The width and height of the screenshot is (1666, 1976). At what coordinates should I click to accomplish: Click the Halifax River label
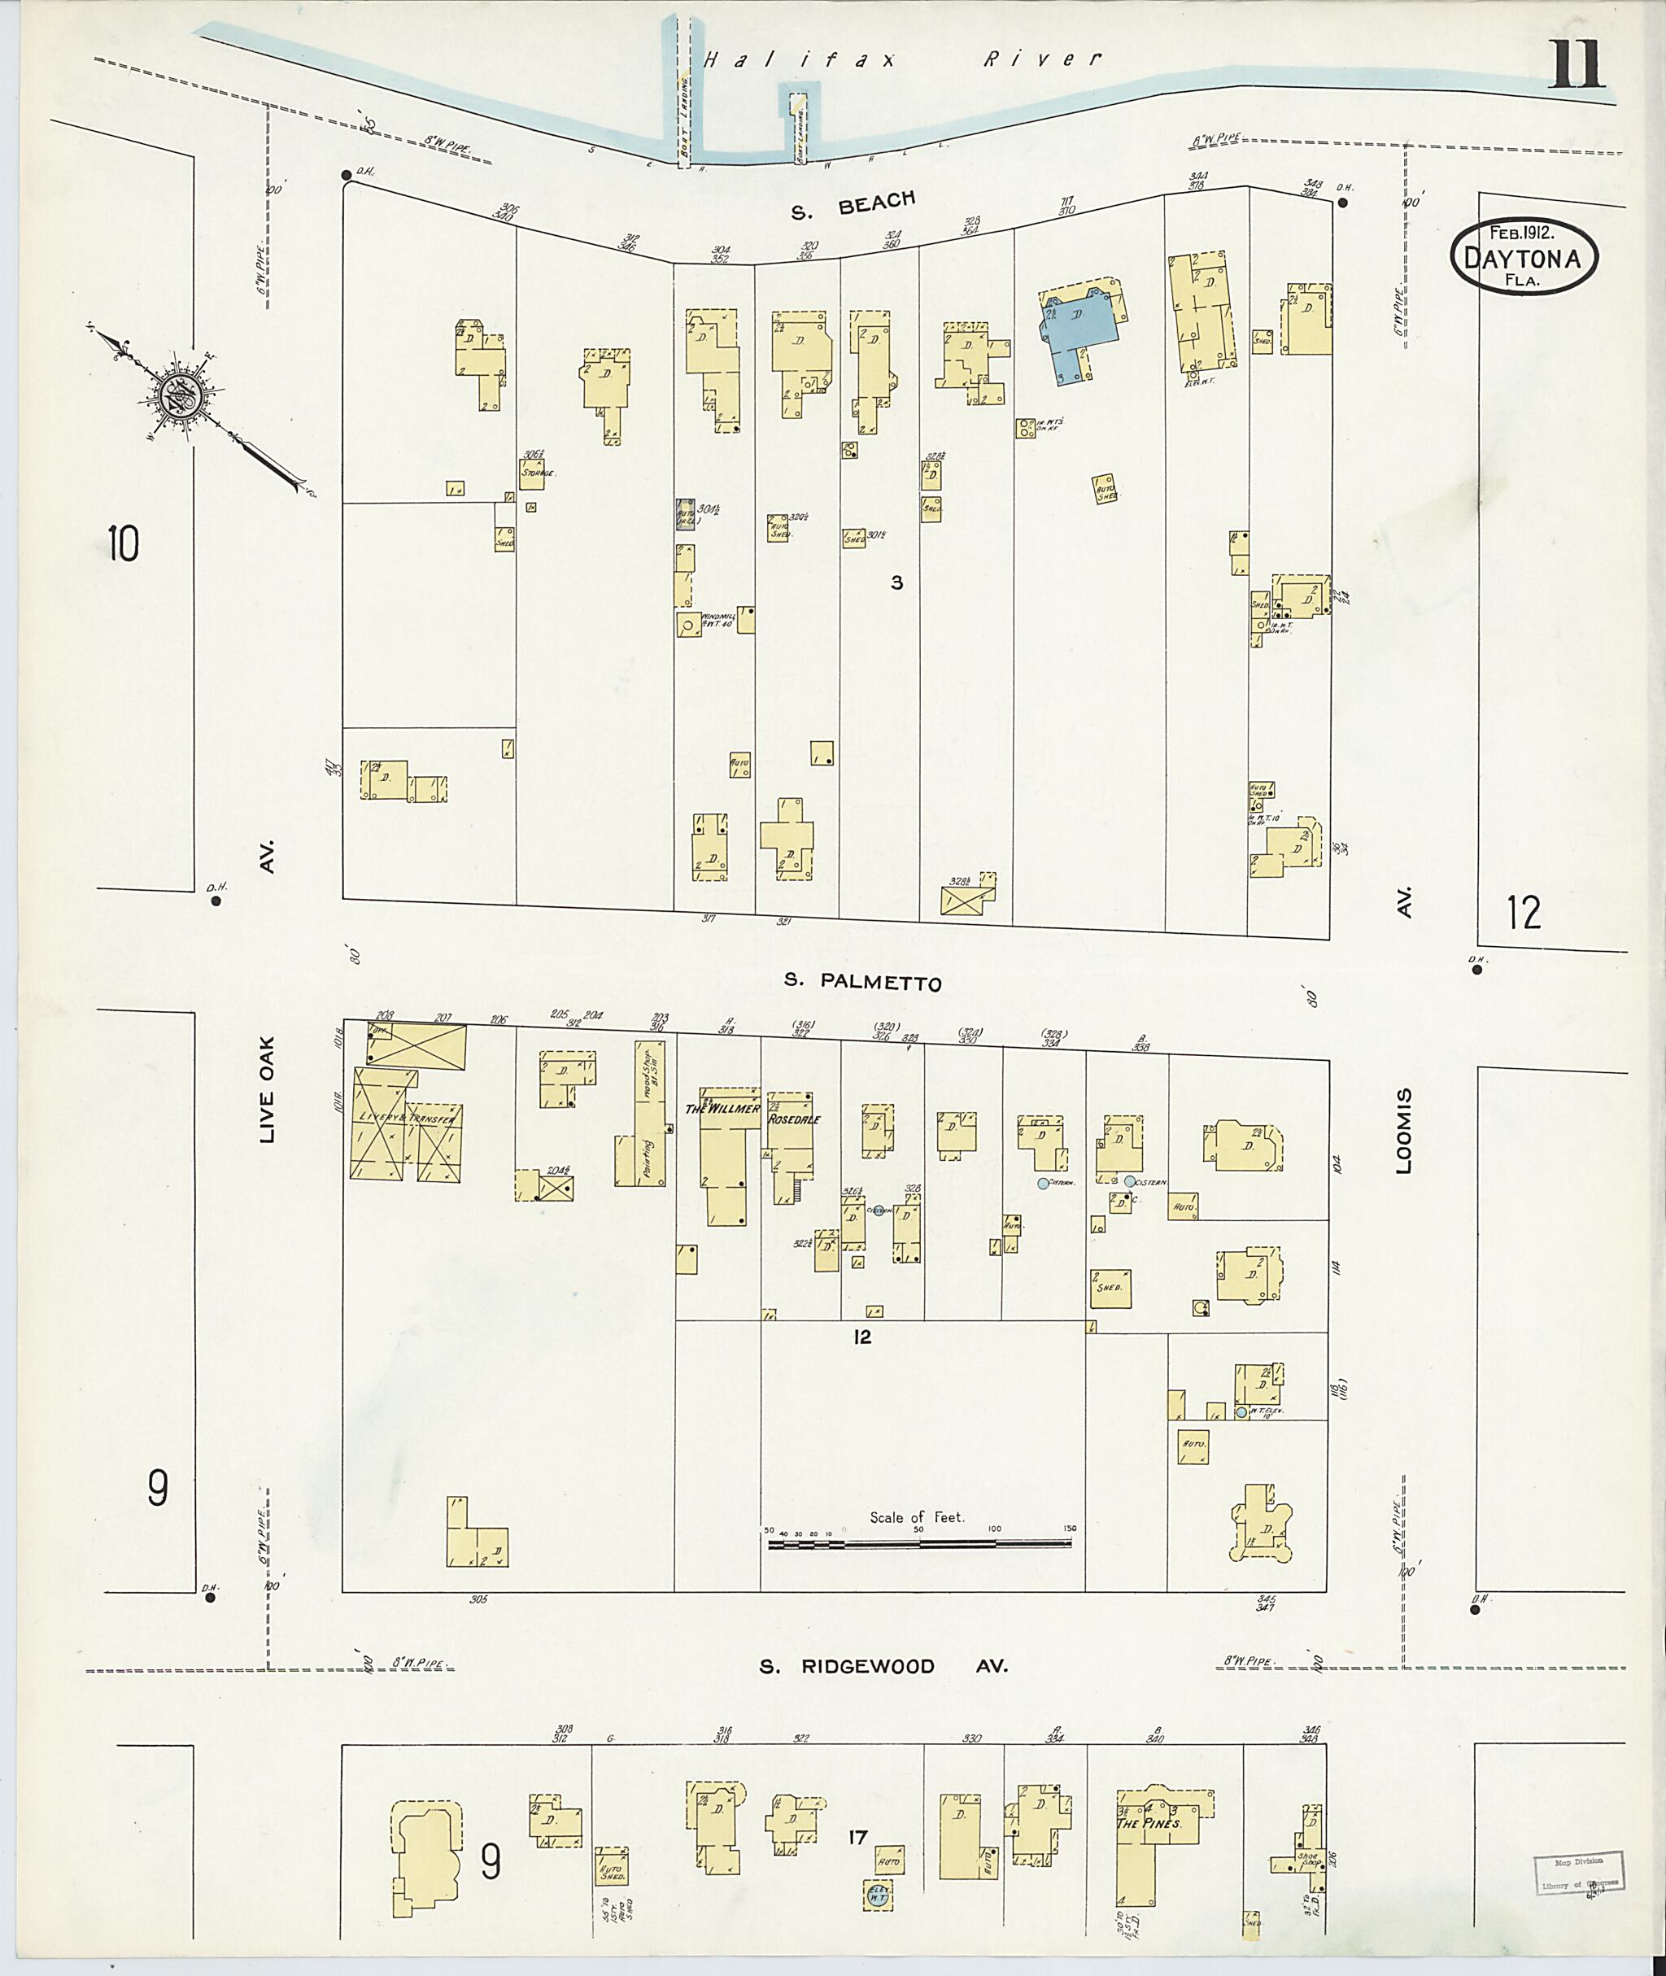[902, 59]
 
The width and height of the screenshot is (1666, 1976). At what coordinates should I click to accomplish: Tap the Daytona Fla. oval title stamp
[1524, 258]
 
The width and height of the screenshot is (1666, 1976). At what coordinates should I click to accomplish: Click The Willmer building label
[722, 1109]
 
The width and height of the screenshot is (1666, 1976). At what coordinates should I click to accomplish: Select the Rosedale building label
[793, 1119]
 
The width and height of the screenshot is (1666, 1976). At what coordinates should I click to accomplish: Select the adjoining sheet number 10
[123, 543]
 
